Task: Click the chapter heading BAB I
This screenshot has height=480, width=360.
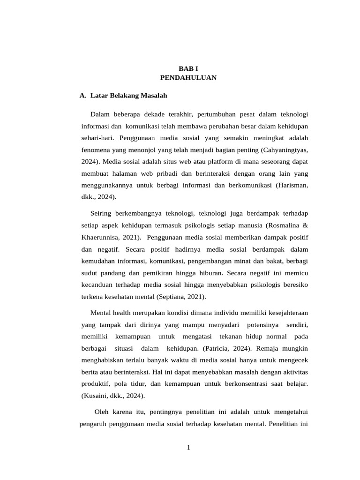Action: (188, 68)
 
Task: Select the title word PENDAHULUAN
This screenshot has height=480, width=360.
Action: (188, 78)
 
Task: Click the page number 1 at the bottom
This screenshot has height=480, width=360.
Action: (188, 448)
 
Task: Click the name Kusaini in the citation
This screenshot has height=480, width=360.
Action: (96, 396)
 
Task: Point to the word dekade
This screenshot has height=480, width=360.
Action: (145, 114)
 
